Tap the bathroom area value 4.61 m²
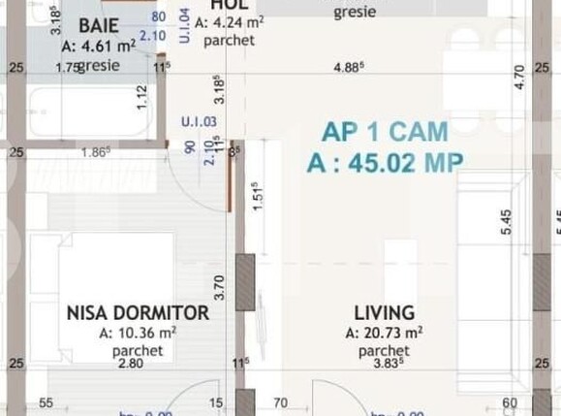pos(98,45)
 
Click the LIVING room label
pos(385,313)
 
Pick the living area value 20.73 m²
pos(384,333)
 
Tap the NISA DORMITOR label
pos(138,313)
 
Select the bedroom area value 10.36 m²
pos(138,333)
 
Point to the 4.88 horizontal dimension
pos(349,68)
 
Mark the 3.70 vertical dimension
pos(220,287)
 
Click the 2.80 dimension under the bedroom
pos(130,364)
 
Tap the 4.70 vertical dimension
pos(518,76)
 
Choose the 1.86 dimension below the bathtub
pos(95,152)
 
